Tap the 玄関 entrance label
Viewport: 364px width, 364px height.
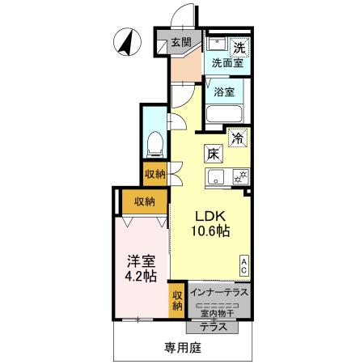click(180, 43)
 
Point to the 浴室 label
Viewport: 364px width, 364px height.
click(226, 91)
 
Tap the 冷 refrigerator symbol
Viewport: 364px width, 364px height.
click(238, 138)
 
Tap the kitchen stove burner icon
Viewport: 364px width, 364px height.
click(239, 176)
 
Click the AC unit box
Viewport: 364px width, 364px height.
click(244, 264)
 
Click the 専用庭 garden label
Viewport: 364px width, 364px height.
click(182, 348)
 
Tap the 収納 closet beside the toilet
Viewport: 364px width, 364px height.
click(155, 172)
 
